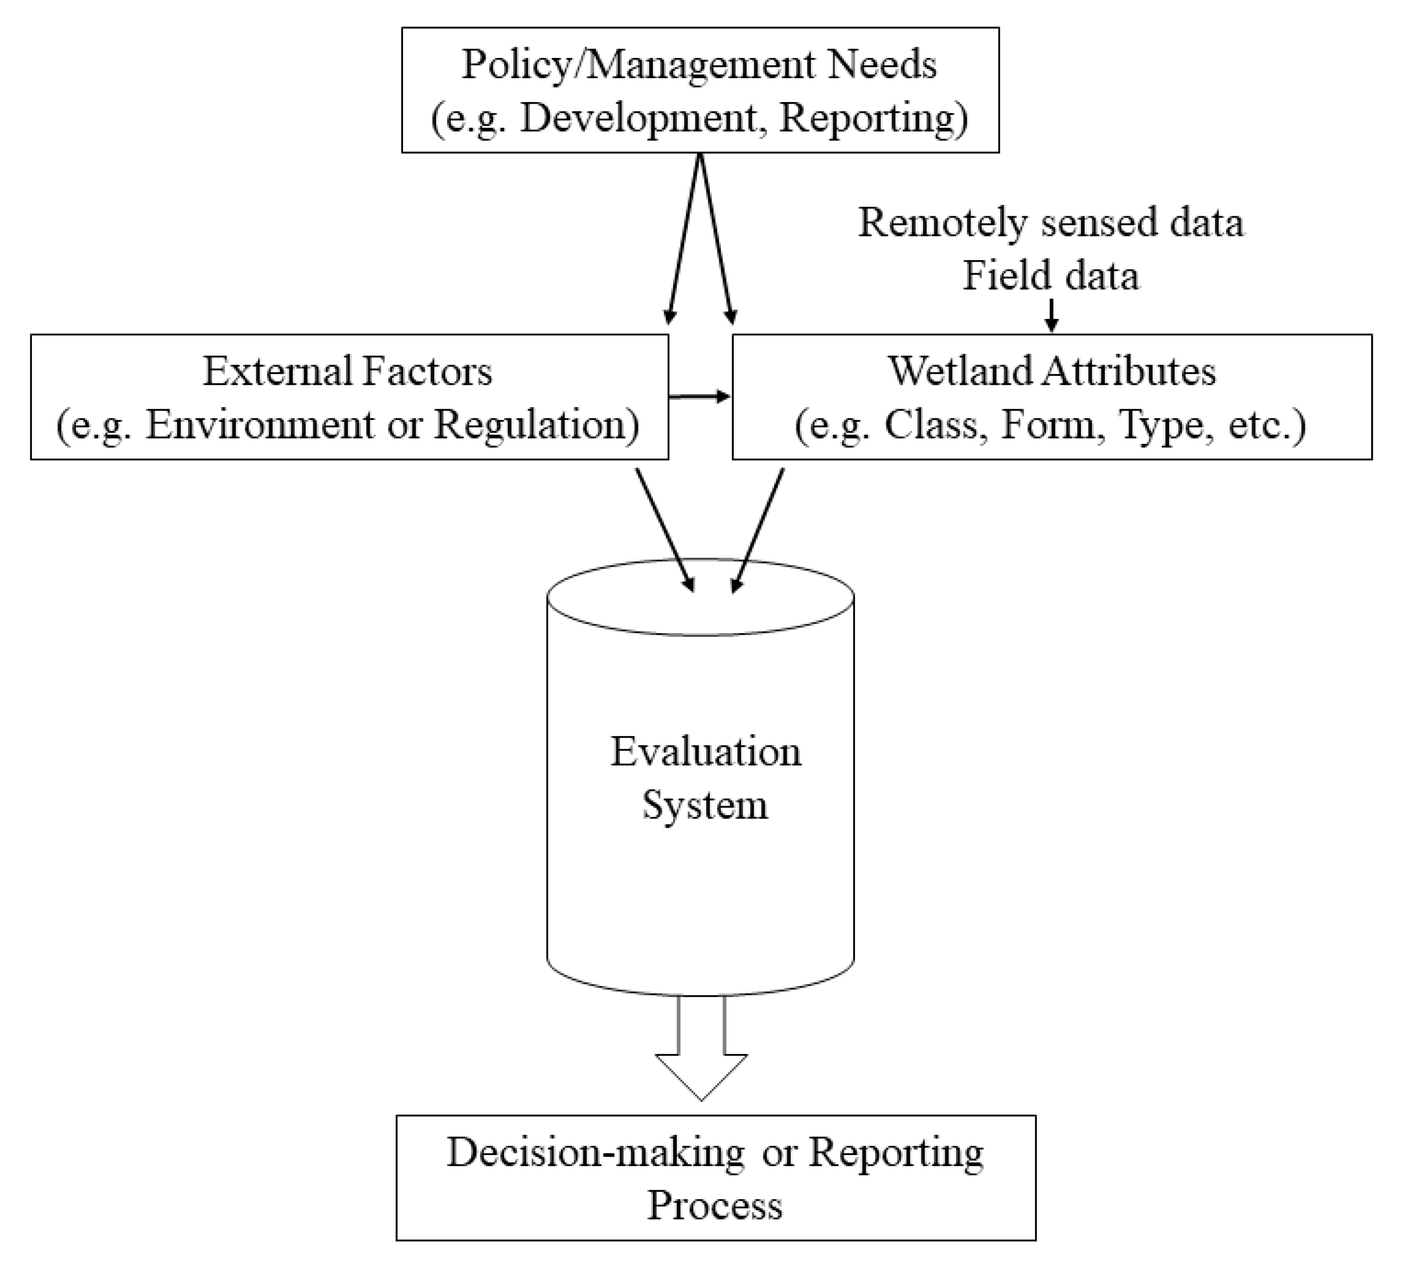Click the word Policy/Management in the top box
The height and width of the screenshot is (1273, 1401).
[638, 65]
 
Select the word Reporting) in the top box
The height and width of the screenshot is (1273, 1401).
[874, 117]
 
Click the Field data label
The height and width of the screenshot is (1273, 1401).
[1051, 276]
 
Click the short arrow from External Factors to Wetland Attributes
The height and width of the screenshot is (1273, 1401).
[699, 397]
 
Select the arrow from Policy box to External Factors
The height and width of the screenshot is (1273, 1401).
[684, 240]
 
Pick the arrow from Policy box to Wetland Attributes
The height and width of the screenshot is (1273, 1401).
[716, 240]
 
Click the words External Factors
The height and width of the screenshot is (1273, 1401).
[348, 371]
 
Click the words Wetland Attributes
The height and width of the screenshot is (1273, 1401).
[1052, 371]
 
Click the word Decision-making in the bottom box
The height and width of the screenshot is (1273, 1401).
[595, 1153]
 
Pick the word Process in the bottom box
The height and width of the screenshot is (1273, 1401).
[715, 1205]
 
